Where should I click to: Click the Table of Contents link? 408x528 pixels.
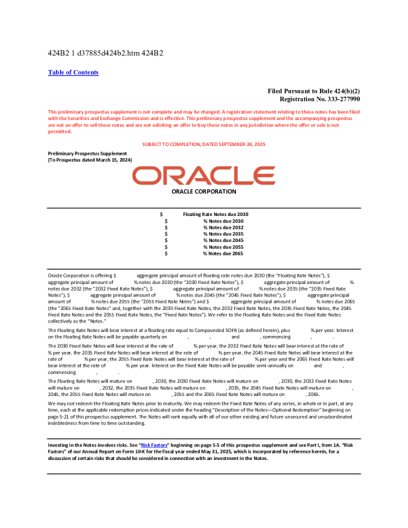[x=73, y=73]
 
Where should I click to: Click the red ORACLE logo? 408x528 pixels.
[x=203, y=176]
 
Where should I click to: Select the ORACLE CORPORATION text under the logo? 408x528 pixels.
[x=203, y=192]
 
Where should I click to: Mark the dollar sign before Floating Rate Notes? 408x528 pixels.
[x=161, y=214]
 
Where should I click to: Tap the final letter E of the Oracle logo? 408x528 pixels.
[x=262, y=176]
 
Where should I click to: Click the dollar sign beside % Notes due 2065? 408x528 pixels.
[x=166, y=254]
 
